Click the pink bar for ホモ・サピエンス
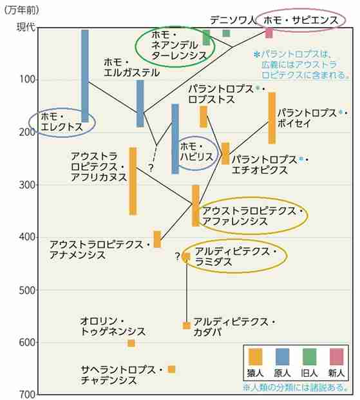(269, 33)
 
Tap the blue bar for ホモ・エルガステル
(140, 103)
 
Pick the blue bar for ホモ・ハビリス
(175, 138)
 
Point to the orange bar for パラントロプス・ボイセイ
(272, 118)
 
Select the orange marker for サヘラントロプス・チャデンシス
(171, 369)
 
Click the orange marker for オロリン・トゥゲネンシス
(131, 343)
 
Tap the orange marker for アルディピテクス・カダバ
(187, 325)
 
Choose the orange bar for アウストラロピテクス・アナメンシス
(157, 239)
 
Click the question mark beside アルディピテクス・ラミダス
(177, 257)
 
